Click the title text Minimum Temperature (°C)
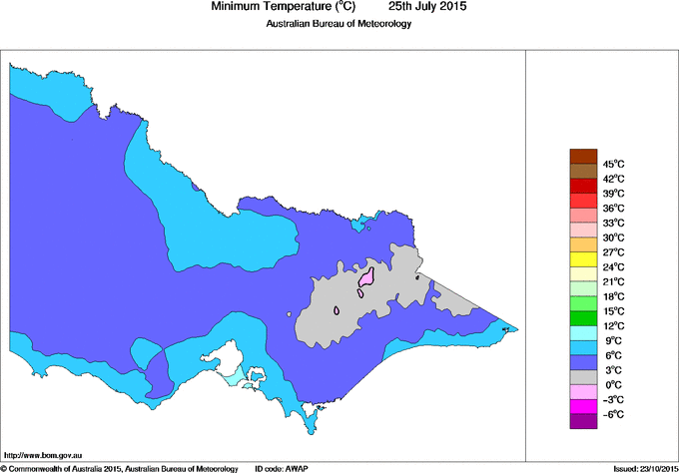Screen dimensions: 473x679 tap(284, 7)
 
